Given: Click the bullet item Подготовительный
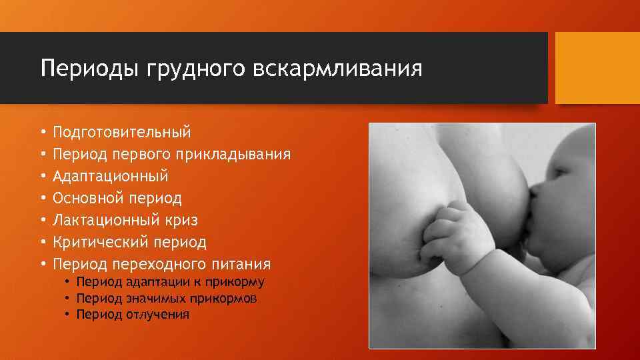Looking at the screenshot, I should click(121, 132).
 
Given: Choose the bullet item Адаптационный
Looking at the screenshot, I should click(110, 177).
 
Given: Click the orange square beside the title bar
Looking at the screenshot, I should click(597, 68).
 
